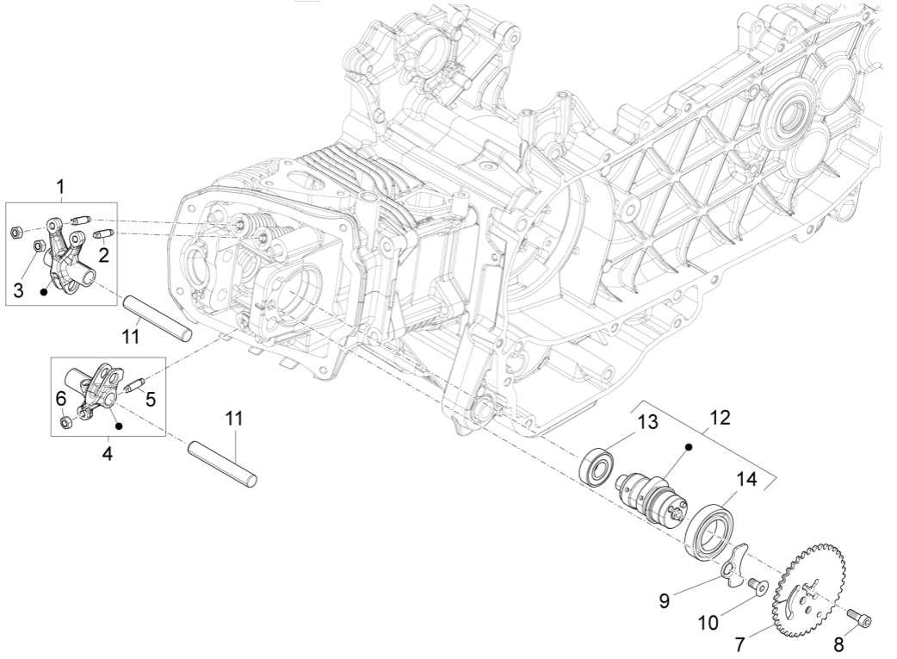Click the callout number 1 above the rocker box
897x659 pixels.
[x=60, y=186]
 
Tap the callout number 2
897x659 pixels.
[x=102, y=254]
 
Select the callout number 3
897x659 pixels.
[x=18, y=292]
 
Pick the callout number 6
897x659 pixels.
[x=60, y=398]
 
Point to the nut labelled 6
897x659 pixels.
[x=66, y=421]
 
